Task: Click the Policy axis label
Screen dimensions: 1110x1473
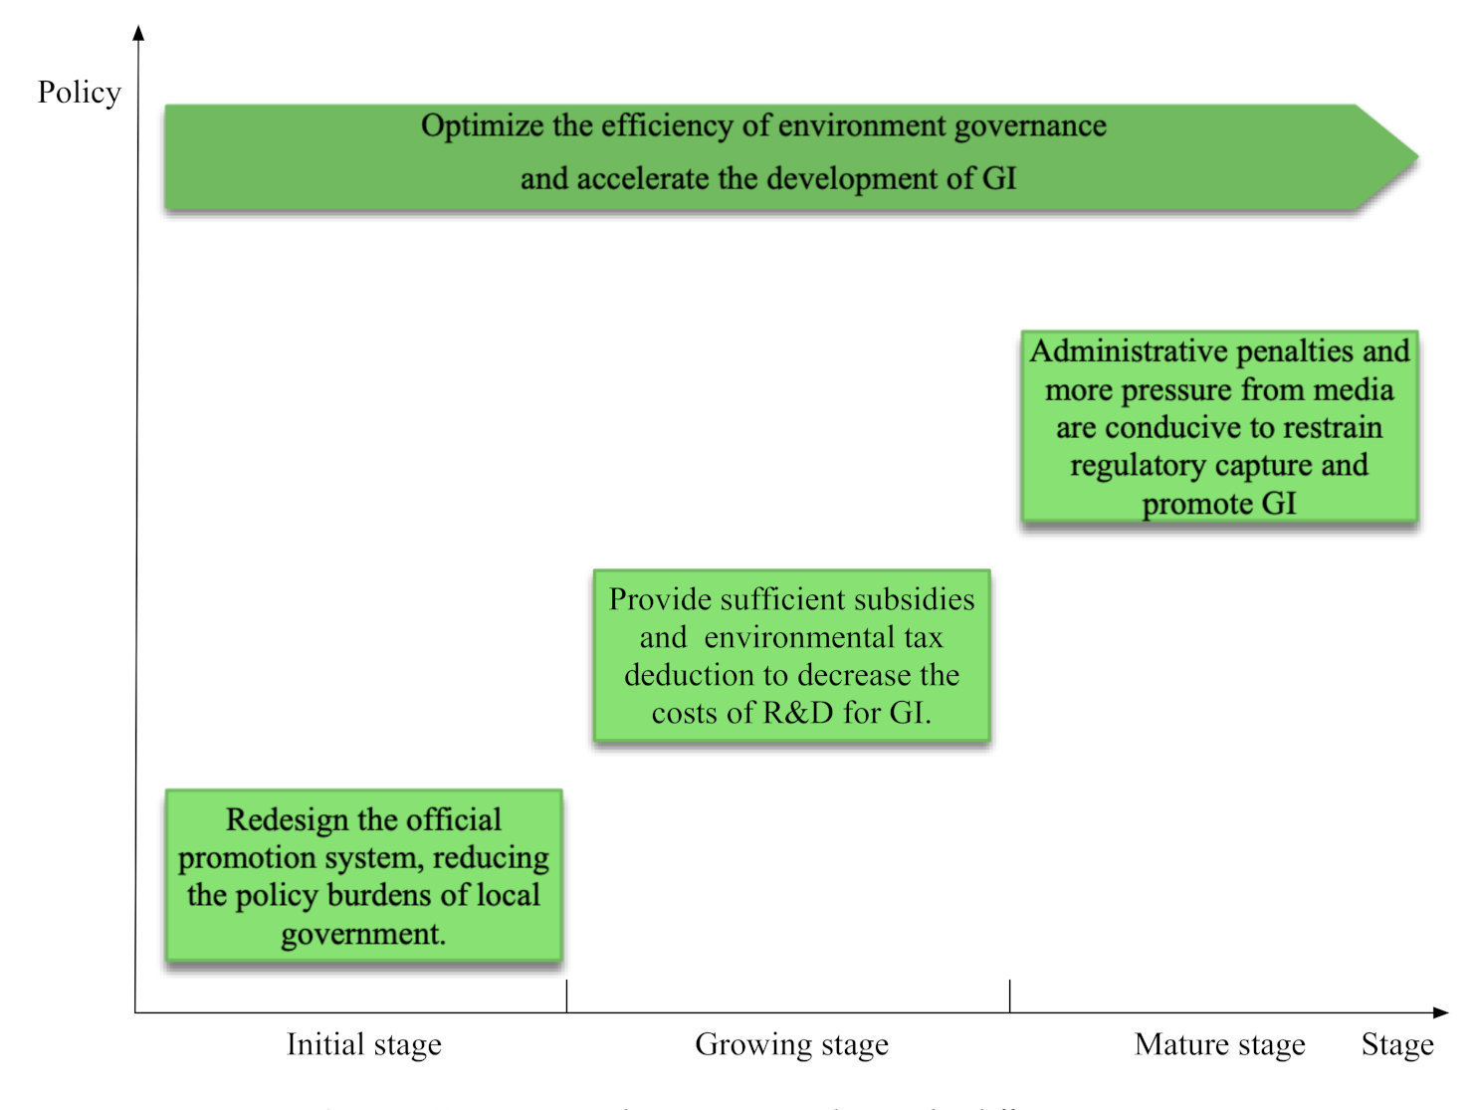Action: pos(79,93)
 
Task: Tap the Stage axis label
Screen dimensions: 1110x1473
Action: pos(1397,1044)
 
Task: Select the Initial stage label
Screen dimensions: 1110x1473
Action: pos(364,1044)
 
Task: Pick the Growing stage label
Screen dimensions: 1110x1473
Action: pos(791,1044)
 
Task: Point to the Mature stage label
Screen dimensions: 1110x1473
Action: pos(1219,1044)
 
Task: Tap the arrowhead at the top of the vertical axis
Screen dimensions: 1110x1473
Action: pos(138,33)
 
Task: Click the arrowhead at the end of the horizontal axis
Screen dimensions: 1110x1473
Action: pos(1441,1012)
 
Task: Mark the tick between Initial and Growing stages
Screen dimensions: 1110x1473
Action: pos(566,996)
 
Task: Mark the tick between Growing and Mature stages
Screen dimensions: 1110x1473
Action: pos(1009,996)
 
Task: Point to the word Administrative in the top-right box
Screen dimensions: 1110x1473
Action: pos(1129,351)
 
